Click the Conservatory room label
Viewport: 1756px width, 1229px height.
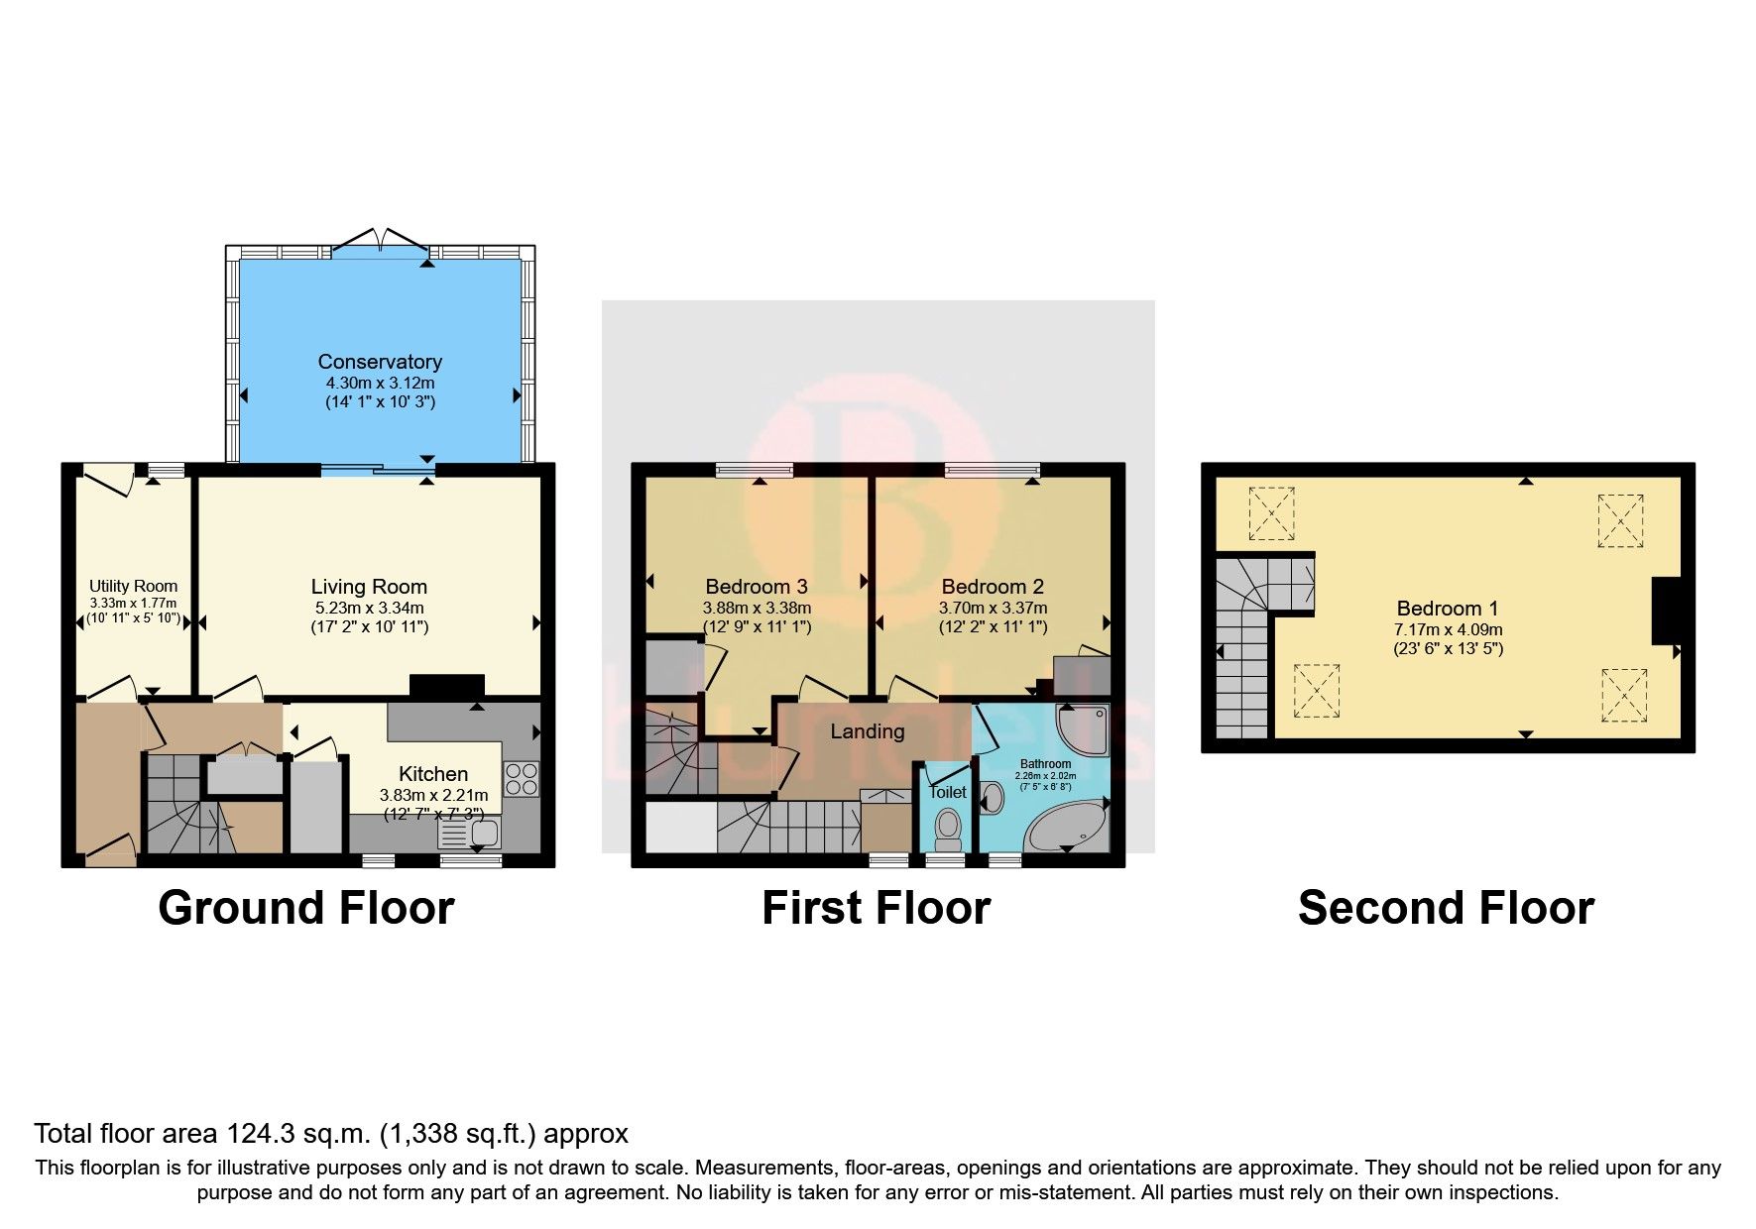[380, 362]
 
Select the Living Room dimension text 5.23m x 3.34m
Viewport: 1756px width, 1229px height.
[369, 608]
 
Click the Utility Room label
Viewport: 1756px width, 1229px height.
[133, 586]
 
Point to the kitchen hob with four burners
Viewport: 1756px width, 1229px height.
[522, 778]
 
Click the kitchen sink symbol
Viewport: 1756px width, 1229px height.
[472, 835]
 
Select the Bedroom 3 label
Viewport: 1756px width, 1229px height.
[757, 587]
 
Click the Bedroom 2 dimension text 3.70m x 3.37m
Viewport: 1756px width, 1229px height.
[993, 608]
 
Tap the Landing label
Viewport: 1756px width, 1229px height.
[867, 731]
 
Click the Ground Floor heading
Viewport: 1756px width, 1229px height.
[305, 908]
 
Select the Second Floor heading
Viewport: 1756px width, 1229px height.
[1446, 908]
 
